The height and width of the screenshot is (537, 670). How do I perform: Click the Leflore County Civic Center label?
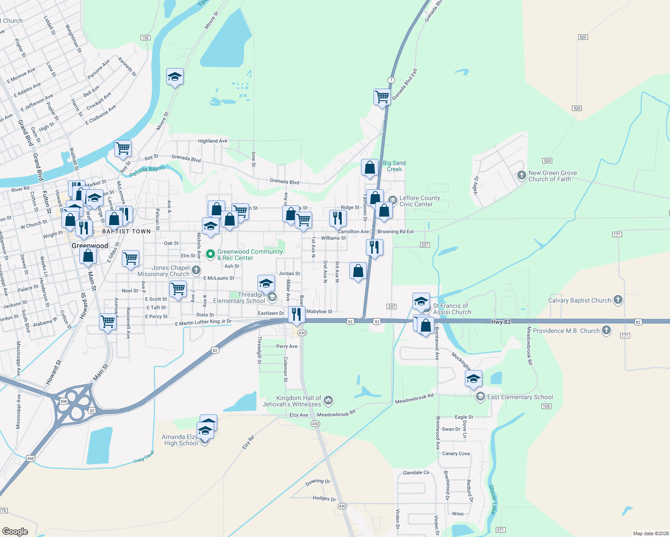tap(419, 201)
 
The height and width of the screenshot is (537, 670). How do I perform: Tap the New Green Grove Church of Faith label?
tap(552, 176)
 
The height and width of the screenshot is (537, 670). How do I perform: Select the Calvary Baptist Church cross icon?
tap(618, 300)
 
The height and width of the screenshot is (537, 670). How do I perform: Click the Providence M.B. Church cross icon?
tap(606, 330)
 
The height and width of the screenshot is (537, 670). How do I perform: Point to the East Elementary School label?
tap(520, 397)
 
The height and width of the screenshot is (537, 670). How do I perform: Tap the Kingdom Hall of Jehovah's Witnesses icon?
tap(328, 400)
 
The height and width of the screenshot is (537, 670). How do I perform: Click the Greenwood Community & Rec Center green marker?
tap(210, 254)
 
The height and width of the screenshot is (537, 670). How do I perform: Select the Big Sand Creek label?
tap(394, 166)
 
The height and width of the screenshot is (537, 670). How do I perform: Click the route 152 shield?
tap(145, 38)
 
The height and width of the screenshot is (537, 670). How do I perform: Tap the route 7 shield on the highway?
tap(391, 80)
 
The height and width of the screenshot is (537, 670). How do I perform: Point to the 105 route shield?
tap(546, 406)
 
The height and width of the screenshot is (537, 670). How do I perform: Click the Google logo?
tap(15, 531)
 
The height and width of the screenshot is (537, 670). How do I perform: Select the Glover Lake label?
tap(492, 499)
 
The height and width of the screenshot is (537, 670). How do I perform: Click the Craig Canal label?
tap(143, 457)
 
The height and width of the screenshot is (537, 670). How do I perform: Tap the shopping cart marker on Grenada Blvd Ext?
tap(382, 96)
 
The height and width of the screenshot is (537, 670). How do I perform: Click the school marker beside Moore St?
tap(175, 77)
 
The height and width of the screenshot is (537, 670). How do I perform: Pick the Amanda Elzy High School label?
tap(180, 440)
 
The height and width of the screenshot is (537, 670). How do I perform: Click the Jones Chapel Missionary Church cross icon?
tap(196, 270)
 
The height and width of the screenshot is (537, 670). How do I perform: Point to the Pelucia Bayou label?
tap(147, 171)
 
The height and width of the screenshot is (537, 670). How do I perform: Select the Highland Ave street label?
tap(213, 141)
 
